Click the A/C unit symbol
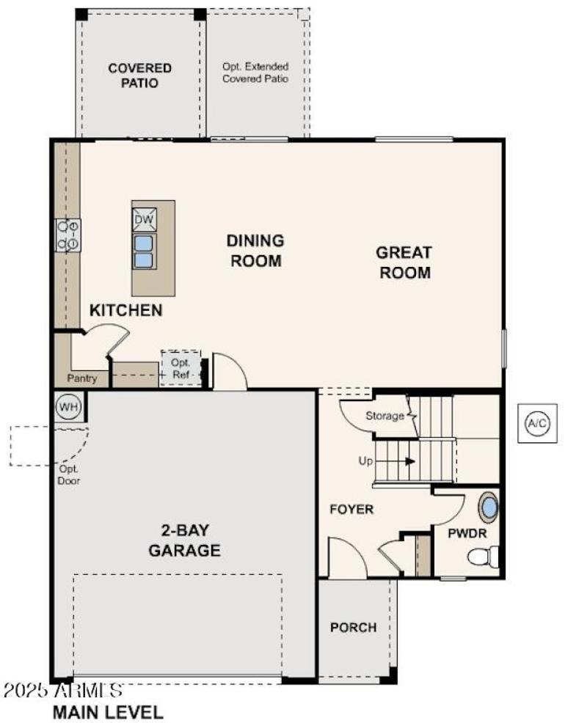pyautogui.click(x=537, y=423)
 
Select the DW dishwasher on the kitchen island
pyautogui.click(x=144, y=219)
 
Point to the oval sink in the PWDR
pyautogui.click(x=488, y=507)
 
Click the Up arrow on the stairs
pyautogui.click(x=396, y=461)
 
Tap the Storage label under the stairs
pyautogui.click(x=384, y=416)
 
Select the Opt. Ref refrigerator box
pyautogui.click(x=181, y=369)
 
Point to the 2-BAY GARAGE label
pyautogui.click(x=184, y=540)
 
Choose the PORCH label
pyautogui.click(x=353, y=628)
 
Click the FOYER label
pyautogui.click(x=351, y=509)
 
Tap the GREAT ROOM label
pyautogui.click(x=404, y=263)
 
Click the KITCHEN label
pyautogui.click(x=125, y=310)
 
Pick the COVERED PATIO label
pyautogui.click(x=139, y=76)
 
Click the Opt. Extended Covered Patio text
pyautogui.click(x=255, y=72)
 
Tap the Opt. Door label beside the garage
pyautogui.click(x=69, y=475)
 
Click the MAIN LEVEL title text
pyautogui.click(x=107, y=711)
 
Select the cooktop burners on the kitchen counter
pyautogui.click(x=69, y=235)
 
